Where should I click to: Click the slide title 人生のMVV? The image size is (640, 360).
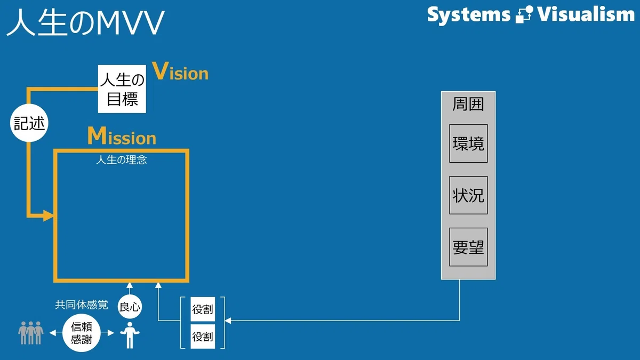[85, 22]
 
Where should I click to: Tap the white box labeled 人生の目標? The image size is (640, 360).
[122, 89]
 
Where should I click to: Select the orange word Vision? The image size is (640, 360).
[180, 71]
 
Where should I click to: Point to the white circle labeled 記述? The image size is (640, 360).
[29, 123]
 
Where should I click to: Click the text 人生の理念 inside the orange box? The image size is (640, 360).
[122, 159]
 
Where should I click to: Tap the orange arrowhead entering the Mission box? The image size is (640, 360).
[49, 215]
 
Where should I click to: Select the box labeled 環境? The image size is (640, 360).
[468, 143]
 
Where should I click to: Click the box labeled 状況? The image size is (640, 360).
[468, 195]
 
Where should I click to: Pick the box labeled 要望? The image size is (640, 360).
[468, 247]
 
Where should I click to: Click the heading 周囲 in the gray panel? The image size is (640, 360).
[468, 104]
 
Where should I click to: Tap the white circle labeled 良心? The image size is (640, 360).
[130, 307]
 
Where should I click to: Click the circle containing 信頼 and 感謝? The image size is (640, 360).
[82, 333]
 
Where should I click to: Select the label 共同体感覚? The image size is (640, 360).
[82, 305]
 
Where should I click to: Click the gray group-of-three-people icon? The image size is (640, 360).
[31, 333]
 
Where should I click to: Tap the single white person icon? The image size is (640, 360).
[130, 335]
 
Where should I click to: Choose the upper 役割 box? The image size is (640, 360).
[203, 309]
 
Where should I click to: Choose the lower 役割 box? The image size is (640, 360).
[203, 337]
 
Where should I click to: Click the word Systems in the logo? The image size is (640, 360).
[469, 15]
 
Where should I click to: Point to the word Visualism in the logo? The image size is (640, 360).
[586, 14]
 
